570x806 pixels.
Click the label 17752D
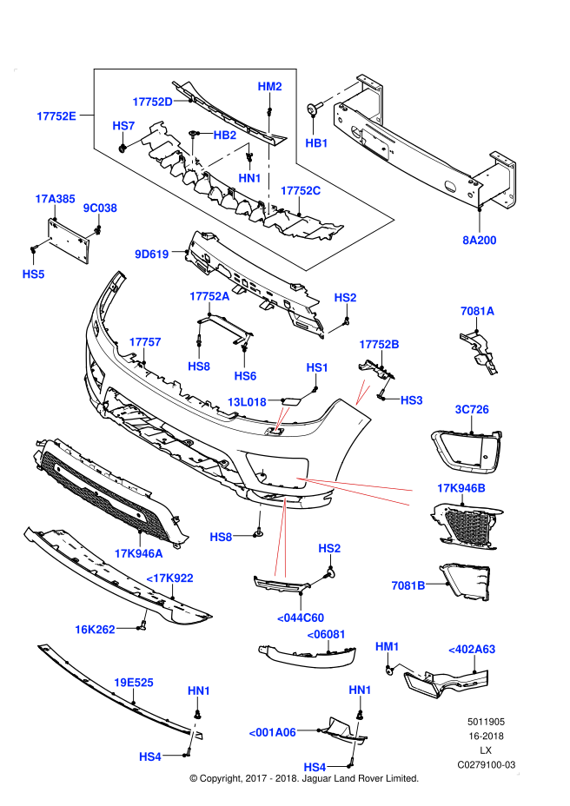[x=152, y=102]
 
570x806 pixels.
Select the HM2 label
[x=269, y=86]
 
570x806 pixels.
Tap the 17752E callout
[x=56, y=116]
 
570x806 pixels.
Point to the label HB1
[x=316, y=143]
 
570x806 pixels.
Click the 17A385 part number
[x=55, y=199]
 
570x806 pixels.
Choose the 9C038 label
[x=100, y=208]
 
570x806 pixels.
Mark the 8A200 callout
[x=480, y=241]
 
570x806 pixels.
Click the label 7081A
[x=477, y=311]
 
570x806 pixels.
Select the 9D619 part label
[x=152, y=254]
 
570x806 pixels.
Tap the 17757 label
[x=145, y=342]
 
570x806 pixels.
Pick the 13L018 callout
[x=247, y=402]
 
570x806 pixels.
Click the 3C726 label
[x=472, y=409]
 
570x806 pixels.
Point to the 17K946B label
[x=461, y=488]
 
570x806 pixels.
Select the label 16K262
[x=95, y=630]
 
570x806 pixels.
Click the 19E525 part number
[x=134, y=683]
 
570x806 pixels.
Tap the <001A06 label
[x=272, y=732]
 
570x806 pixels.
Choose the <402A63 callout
[x=472, y=649]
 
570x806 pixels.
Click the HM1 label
[x=387, y=646]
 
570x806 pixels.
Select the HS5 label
[x=33, y=274]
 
